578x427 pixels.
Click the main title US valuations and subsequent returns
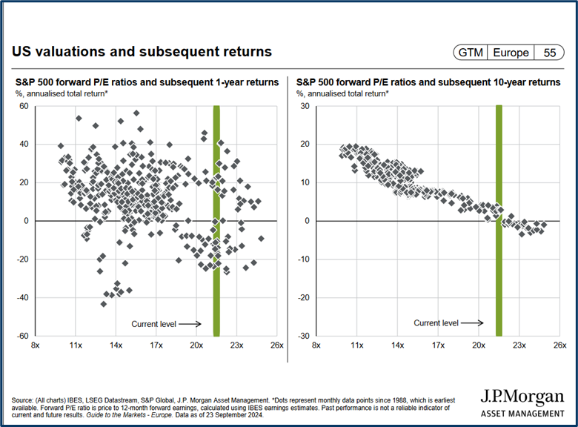pos(142,52)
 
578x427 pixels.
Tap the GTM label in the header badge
pos(471,53)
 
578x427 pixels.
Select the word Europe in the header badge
pos(512,53)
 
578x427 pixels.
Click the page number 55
pos(550,53)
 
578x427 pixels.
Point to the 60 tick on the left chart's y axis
pos(23,106)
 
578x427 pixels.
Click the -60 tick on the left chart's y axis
pos(21,336)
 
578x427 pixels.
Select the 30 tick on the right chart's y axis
pos(303,106)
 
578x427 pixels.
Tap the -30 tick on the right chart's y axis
pos(302,336)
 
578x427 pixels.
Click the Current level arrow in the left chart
pos(190,324)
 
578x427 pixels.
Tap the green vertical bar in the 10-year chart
pos(499,220)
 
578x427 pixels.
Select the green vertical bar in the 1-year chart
pos(216,220)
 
